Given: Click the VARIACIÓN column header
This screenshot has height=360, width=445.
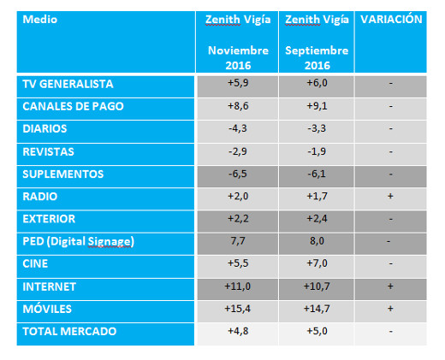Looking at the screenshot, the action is click(x=391, y=19).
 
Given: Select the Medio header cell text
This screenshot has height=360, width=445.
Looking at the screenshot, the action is click(x=40, y=20).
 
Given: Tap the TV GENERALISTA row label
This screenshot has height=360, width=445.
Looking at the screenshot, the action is click(x=68, y=84).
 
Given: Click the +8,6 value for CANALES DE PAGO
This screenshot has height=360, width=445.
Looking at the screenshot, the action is click(x=238, y=106).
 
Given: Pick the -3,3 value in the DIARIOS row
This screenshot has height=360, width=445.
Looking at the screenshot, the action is click(x=317, y=128).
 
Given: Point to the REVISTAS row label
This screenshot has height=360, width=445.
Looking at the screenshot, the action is click(x=48, y=151).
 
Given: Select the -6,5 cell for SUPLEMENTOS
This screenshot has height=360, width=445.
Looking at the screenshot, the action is click(x=238, y=174).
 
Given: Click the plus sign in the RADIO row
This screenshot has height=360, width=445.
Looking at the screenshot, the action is click(x=390, y=196).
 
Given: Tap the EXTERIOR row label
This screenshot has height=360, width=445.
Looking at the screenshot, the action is click(x=49, y=219).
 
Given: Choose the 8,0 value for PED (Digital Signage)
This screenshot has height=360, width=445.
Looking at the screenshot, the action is click(x=317, y=241).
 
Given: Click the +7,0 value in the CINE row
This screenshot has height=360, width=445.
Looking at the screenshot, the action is click(x=317, y=263).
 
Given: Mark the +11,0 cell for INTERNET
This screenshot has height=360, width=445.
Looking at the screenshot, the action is click(x=238, y=286).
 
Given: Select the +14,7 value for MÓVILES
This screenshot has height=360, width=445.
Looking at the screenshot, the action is click(x=317, y=309).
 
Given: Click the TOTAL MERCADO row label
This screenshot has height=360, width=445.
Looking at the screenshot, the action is click(x=69, y=331).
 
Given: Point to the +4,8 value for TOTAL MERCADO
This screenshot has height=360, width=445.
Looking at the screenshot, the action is click(x=238, y=331).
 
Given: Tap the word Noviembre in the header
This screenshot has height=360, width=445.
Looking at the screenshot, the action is click(x=238, y=50).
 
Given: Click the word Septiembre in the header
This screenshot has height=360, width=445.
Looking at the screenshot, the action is click(x=317, y=50).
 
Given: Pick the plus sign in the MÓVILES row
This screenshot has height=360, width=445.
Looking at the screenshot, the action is click(x=390, y=309).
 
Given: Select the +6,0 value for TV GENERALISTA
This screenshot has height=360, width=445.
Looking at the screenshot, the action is click(x=317, y=83).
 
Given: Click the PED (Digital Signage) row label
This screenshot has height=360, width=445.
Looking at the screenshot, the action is click(x=78, y=241).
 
